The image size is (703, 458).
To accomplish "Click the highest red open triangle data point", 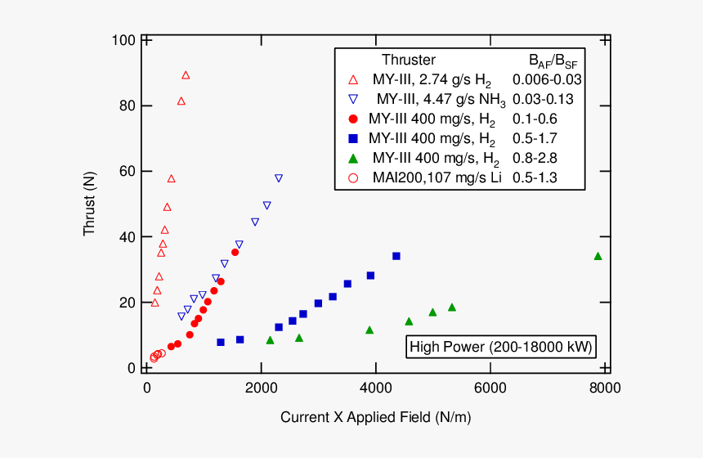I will pos(186,75).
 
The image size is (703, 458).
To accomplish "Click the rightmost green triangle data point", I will pos(598,256).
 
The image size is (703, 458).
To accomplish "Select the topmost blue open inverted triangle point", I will pos(279,177).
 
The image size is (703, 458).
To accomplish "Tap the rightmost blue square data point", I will pos(396,256).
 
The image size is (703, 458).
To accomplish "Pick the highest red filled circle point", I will pos(235,252).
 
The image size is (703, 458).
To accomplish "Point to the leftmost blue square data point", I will pos(221,342).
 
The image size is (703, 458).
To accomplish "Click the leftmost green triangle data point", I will pos(271,340).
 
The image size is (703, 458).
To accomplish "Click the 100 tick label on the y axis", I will pos(124,40).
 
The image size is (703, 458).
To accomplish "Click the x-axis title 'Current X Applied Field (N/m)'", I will pos(376,417).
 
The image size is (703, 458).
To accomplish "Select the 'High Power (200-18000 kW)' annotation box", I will pos(501,347).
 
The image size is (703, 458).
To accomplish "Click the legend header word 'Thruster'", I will pos(409,60).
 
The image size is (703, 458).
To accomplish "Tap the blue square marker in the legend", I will pos(353,138).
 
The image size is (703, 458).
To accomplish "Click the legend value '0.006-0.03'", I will pos(547,79).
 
